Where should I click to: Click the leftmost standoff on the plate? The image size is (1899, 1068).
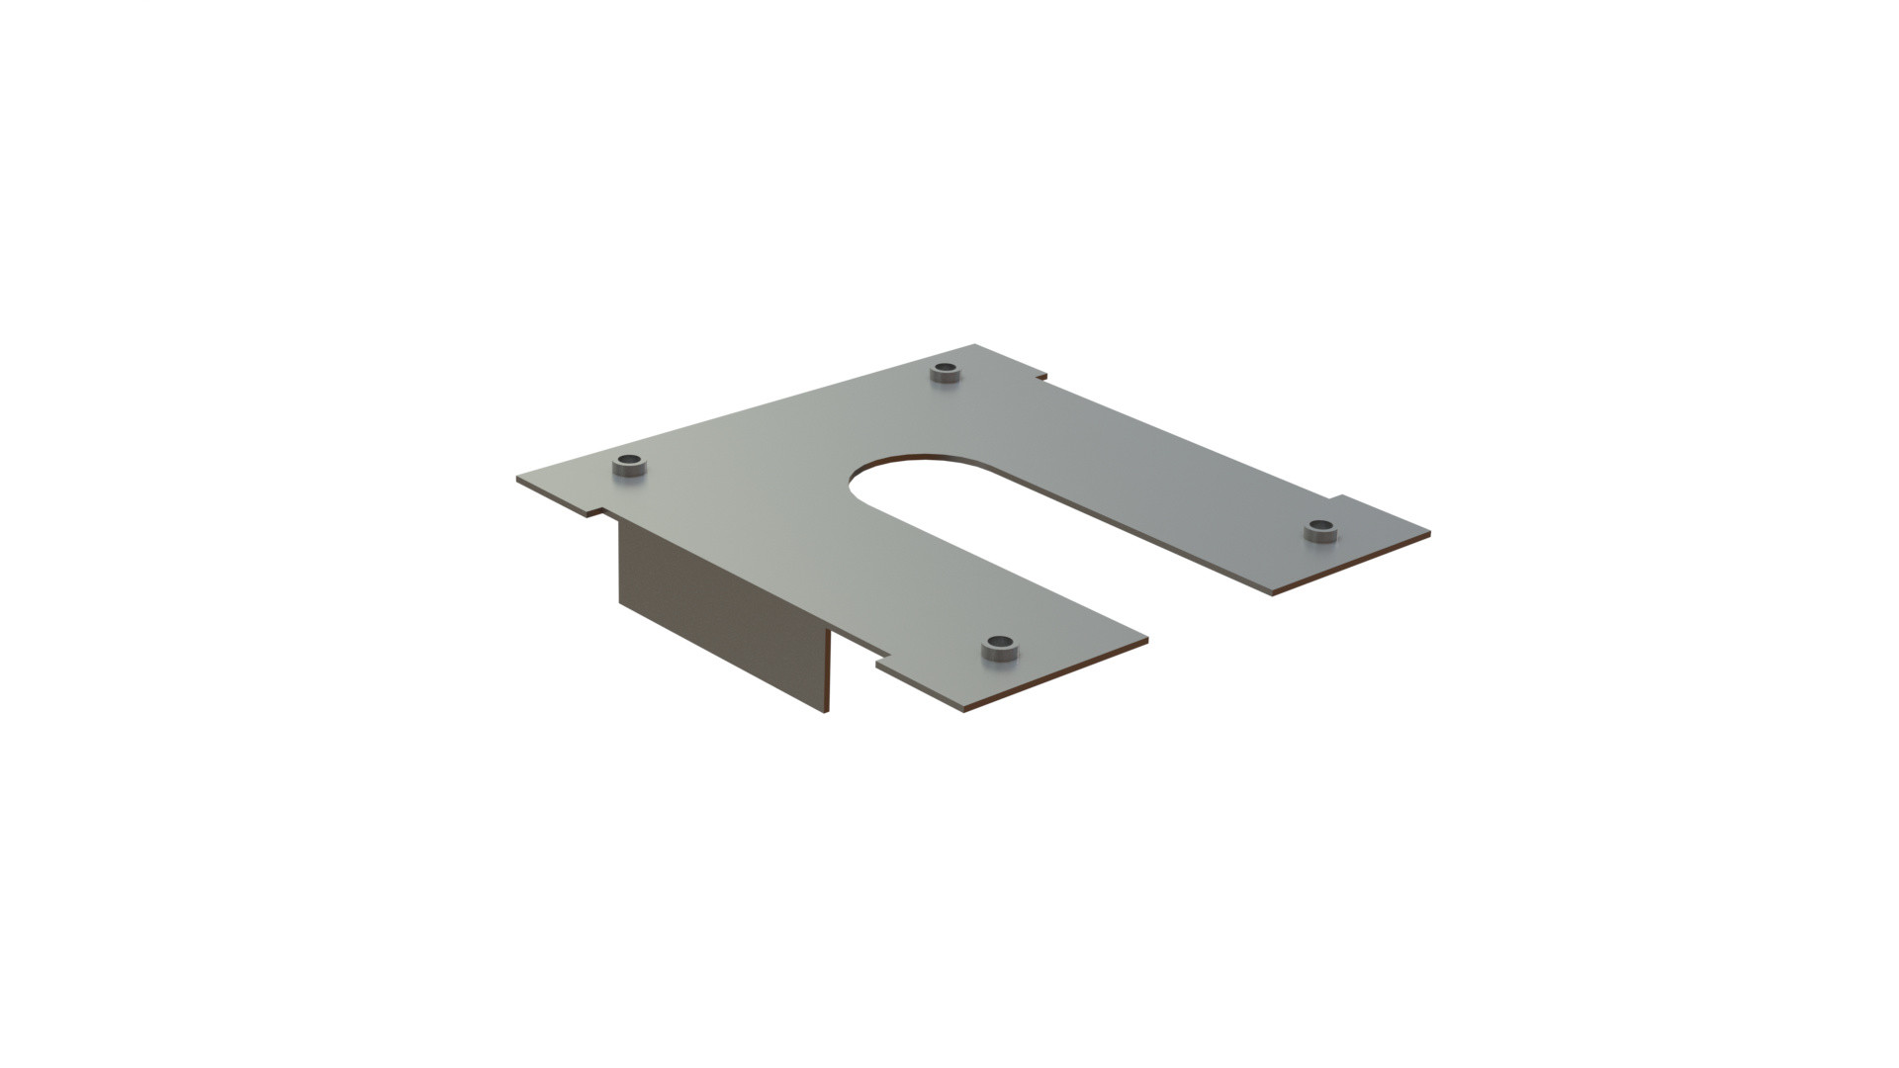coord(628,466)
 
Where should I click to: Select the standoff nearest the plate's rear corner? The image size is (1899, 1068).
coord(947,373)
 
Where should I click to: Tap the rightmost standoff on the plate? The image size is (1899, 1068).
coord(1319,530)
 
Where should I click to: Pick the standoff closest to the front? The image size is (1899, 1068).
coord(1000,649)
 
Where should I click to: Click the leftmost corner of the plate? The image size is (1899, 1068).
coord(517,480)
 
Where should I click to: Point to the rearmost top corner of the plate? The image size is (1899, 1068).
coord(976,345)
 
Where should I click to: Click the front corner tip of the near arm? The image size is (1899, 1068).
coord(965,710)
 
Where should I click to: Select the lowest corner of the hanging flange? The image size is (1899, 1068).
coord(824,711)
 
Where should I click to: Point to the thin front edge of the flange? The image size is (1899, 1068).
coord(827,672)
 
